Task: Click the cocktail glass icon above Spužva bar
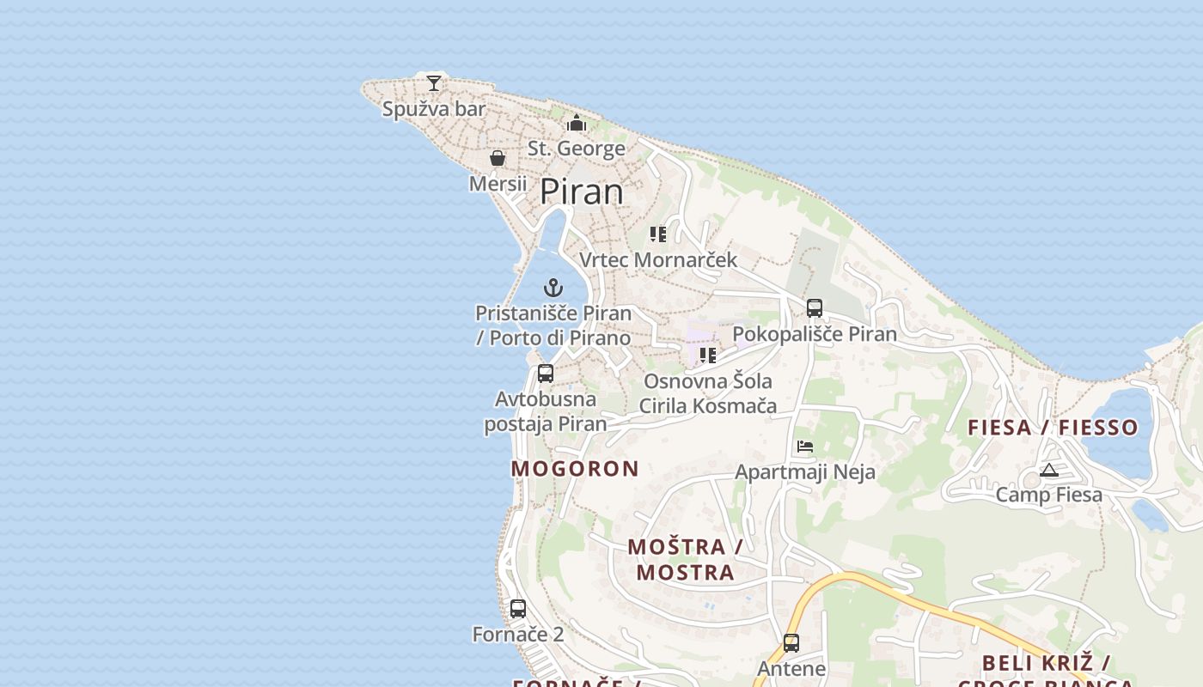pyautogui.click(x=434, y=83)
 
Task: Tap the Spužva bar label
pyautogui.click(x=434, y=109)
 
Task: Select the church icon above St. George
pyautogui.click(x=577, y=124)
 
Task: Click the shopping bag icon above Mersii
pyautogui.click(x=498, y=158)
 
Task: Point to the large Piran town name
pyautogui.click(x=582, y=192)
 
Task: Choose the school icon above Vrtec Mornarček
pyautogui.click(x=658, y=234)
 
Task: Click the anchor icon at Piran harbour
pyautogui.click(x=553, y=288)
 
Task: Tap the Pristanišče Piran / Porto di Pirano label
pyautogui.click(x=553, y=325)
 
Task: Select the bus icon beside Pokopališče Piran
pyautogui.click(x=815, y=308)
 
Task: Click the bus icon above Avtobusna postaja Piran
pyautogui.click(x=546, y=374)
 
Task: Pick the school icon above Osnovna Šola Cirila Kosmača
pyautogui.click(x=708, y=356)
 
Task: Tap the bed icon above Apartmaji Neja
pyautogui.click(x=805, y=446)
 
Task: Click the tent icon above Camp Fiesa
pyautogui.click(x=1048, y=470)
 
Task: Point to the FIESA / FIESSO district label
pyautogui.click(x=1053, y=427)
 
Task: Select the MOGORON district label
pyautogui.click(x=575, y=469)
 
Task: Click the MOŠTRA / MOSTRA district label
pyautogui.click(x=685, y=559)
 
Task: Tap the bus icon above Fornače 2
pyautogui.click(x=518, y=609)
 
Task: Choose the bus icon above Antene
pyautogui.click(x=791, y=642)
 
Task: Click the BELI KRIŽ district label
pyautogui.click(x=1046, y=663)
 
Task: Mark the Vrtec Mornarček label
pyautogui.click(x=658, y=259)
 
